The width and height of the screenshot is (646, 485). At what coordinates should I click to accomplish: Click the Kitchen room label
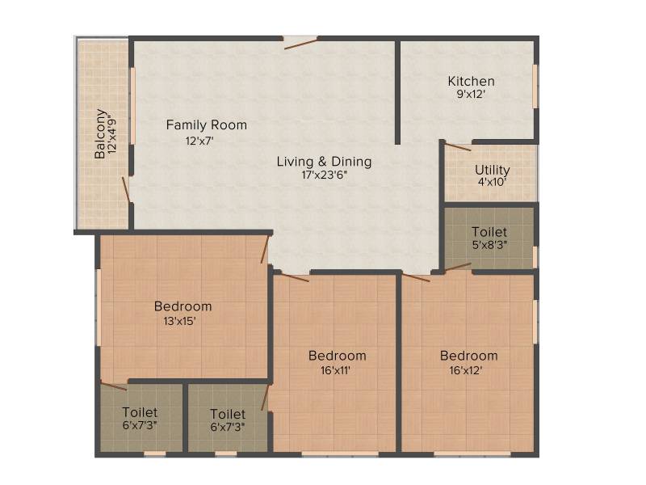(472, 82)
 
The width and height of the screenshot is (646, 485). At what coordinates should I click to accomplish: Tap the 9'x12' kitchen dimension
(471, 94)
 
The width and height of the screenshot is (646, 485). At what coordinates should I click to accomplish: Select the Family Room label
(207, 124)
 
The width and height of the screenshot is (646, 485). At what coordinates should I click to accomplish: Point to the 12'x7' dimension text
(199, 141)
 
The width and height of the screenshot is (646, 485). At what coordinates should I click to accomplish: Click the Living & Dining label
(325, 161)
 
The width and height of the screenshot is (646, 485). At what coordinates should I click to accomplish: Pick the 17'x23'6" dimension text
(325, 175)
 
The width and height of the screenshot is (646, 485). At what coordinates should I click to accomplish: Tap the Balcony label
(99, 133)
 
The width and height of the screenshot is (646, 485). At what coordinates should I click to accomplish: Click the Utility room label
(493, 170)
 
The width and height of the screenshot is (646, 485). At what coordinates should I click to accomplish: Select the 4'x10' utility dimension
(493, 182)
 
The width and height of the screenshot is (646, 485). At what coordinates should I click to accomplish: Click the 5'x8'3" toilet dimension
(489, 245)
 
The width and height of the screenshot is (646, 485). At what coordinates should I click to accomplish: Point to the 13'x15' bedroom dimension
(179, 321)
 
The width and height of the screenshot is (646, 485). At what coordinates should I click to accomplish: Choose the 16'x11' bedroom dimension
(335, 370)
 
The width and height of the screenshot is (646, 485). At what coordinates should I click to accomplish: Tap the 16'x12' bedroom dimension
(466, 370)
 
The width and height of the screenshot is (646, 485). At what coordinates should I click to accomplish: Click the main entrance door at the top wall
(300, 43)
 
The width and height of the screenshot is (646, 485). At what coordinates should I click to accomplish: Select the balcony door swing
(126, 190)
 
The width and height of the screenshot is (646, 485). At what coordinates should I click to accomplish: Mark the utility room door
(458, 147)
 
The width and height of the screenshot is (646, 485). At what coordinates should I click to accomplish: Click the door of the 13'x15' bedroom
(265, 249)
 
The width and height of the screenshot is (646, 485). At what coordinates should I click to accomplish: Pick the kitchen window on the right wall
(535, 86)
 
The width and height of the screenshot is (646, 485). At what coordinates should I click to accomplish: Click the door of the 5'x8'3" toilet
(458, 267)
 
